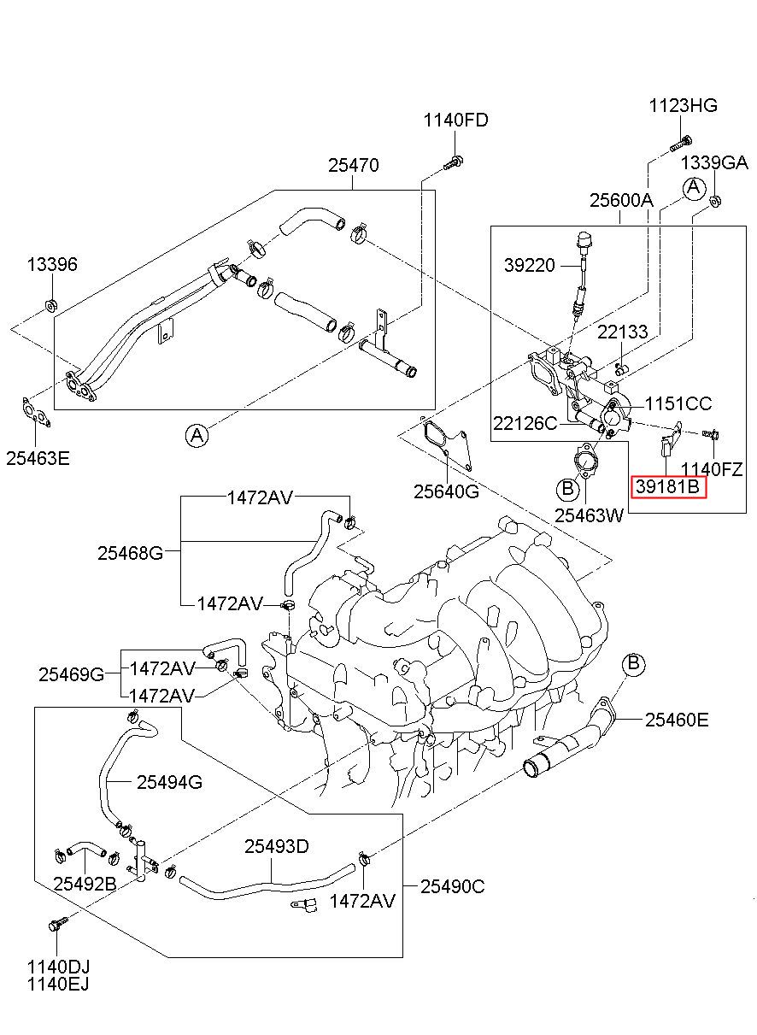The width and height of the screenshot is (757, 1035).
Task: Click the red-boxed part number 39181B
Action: tap(668, 486)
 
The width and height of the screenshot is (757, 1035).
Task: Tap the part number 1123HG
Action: tap(684, 106)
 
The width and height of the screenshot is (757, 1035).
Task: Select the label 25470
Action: tap(354, 165)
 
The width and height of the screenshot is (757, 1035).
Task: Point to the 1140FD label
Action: tap(455, 121)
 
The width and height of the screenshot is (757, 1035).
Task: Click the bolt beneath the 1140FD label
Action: tap(453, 162)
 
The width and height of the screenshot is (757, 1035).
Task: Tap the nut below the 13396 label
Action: tap(50, 305)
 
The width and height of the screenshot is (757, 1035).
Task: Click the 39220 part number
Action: tap(529, 265)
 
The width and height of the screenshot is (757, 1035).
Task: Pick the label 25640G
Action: tap(446, 491)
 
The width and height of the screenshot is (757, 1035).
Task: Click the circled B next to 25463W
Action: tap(567, 488)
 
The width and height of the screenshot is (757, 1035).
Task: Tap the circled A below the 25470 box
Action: tap(197, 435)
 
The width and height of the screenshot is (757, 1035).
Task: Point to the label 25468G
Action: tap(130, 553)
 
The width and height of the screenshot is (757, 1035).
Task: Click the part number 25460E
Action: tap(676, 720)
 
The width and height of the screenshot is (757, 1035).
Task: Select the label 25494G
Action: tap(169, 782)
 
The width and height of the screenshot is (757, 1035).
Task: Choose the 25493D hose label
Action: tap(277, 846)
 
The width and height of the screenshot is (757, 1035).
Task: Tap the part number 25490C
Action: tap(452, 886)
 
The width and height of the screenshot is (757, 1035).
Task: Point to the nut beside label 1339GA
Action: tap(714, 201)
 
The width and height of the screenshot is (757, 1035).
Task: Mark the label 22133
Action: tap(622, 332)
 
